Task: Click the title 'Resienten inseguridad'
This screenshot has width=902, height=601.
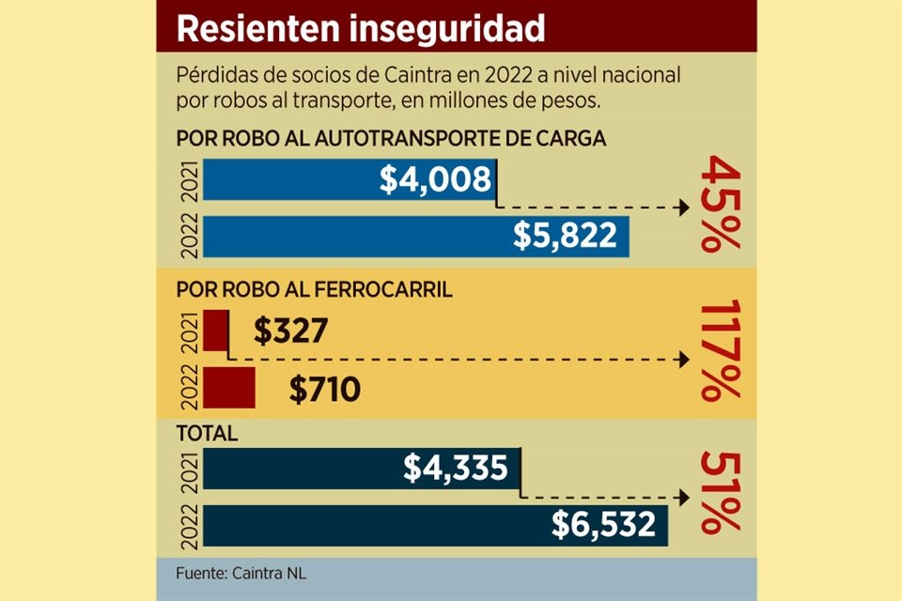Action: point(361,28)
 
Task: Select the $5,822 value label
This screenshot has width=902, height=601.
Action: point(565,237)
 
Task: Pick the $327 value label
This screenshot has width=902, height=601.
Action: point(290,331)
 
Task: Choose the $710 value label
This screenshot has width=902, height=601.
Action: point(324,389)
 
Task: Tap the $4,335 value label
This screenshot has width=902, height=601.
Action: point(456,468)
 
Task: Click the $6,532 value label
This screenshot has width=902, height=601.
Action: point(603,525)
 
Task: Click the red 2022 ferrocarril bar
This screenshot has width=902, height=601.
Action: point(229,388)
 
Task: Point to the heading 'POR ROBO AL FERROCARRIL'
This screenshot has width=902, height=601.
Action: point(315,290)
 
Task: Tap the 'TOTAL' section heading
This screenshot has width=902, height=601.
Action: point(208,435)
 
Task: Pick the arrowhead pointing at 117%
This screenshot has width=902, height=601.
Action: point(684,360)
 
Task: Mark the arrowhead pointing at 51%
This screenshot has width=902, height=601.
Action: point(684,498)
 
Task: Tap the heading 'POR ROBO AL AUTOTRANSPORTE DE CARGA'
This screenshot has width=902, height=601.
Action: point(392,139)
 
